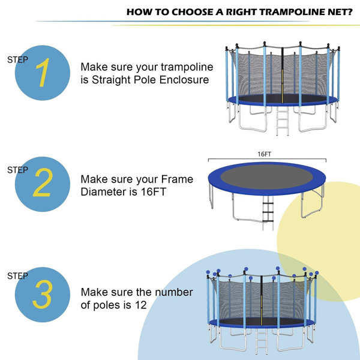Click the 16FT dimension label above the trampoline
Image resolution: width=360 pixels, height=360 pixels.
(x=265, y=154)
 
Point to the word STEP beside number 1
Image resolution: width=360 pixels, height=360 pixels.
(x=17, y=59)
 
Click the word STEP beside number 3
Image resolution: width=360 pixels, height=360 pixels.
(x=17, y=276)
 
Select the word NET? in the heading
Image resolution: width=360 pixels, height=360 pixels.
(x=338, y=11)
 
